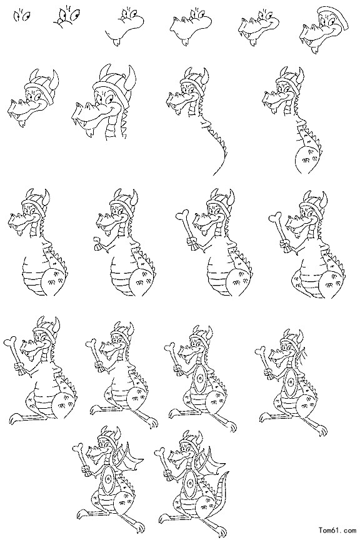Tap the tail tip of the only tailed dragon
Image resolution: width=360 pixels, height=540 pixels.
(227, 472)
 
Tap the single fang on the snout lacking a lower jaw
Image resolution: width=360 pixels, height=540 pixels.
(117, 42)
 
